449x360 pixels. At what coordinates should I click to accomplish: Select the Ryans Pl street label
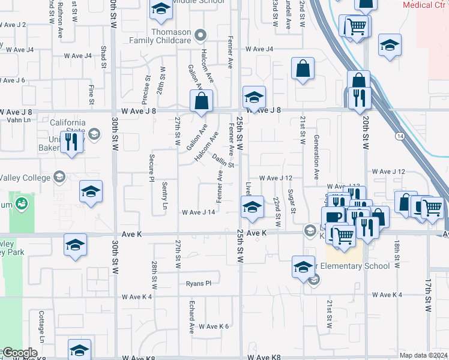tap(199, 283)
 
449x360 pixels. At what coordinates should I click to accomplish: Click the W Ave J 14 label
tap(198, 212)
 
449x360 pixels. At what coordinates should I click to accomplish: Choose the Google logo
tap(19, 353)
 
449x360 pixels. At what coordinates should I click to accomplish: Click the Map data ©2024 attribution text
tap(423, 355)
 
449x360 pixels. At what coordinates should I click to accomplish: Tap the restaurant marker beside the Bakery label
tap(71, 143)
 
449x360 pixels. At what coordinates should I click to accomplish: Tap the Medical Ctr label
tap(425, 5)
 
